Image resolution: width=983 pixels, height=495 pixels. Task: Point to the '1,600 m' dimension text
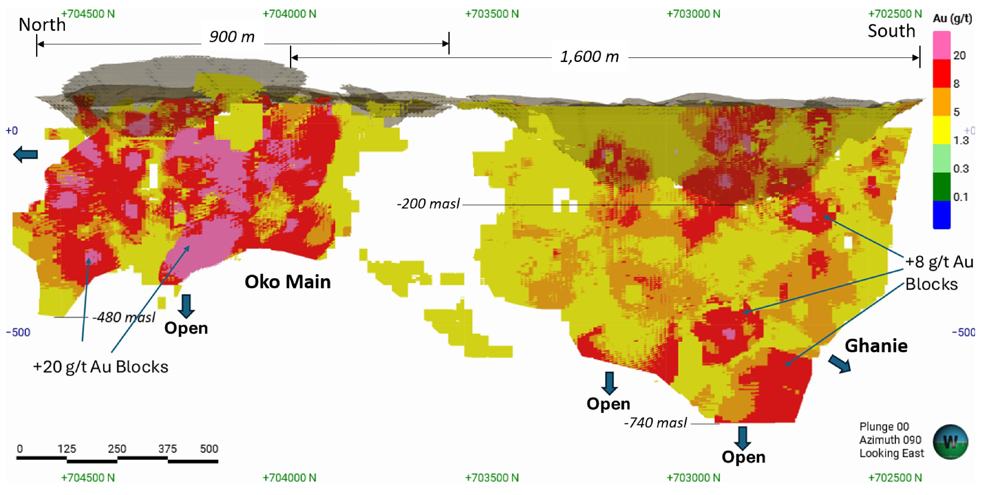589,56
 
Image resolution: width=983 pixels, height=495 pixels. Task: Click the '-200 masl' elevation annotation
428,203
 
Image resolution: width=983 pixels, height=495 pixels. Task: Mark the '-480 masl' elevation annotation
124,317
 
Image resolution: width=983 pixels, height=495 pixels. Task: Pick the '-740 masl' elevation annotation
655,422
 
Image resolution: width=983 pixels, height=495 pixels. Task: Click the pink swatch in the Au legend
941,45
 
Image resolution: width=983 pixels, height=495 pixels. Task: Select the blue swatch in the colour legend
941,215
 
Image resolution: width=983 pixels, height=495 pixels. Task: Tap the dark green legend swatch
941,186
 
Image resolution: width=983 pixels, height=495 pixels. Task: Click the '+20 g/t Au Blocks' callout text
100,367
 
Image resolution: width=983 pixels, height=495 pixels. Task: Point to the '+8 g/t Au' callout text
939,262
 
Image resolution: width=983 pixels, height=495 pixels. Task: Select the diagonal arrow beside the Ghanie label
840,363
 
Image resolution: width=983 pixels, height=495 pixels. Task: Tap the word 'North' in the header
42,25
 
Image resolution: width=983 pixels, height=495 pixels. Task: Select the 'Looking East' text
892,453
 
